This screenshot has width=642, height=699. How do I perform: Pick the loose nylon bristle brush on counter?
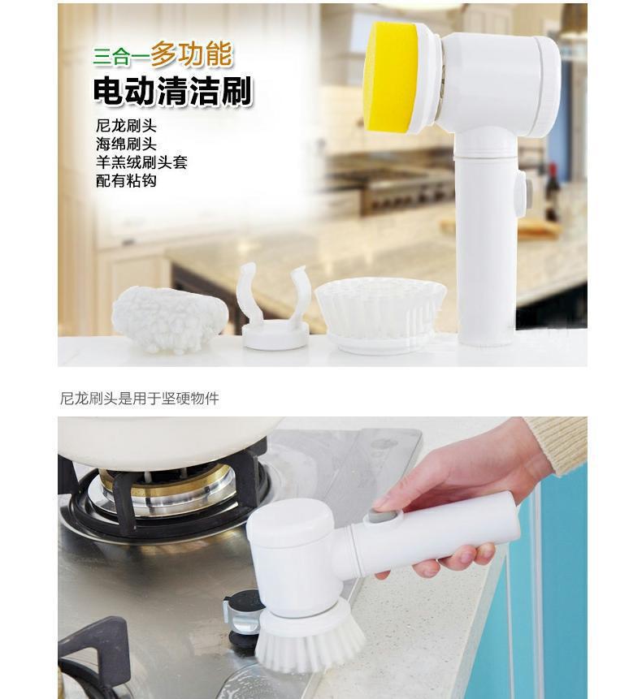coord(380,314)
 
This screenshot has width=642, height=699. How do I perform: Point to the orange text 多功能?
coord(192,54)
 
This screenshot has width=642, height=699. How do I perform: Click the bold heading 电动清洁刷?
coord(172,92)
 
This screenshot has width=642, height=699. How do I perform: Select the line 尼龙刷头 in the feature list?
coord(126,126)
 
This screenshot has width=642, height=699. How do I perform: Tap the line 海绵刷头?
coord(126,144)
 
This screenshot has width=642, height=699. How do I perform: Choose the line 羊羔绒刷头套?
coord(141,162)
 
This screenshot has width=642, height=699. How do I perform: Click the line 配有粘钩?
coord(126,180)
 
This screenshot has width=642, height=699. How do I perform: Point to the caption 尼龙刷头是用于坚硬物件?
coord(140,398)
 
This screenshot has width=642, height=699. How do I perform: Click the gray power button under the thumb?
coord(384,517)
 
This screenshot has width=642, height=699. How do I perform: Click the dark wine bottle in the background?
coord(552,193)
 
